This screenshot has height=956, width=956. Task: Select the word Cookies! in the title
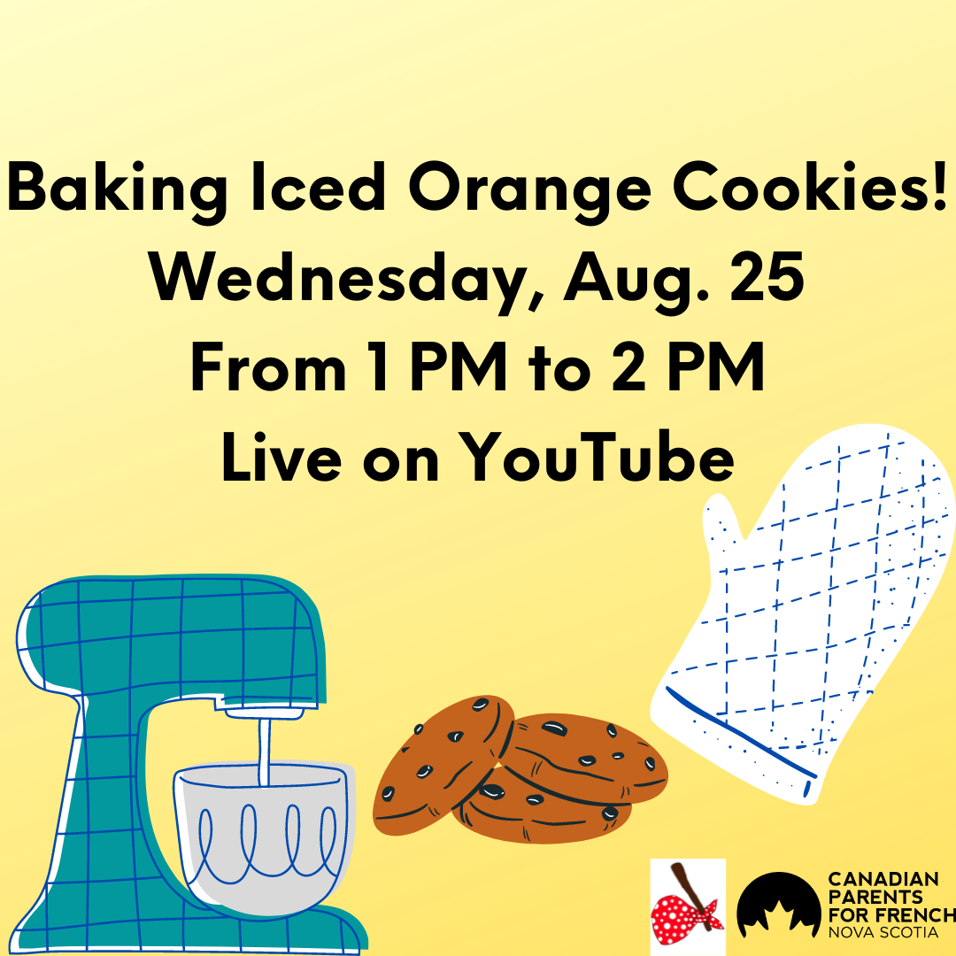tap(811, 187)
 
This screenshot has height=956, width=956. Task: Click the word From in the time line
tap(269, 366)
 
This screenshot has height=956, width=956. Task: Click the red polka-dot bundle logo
tap(688, 906)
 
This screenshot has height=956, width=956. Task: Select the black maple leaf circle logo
tap(778, 906)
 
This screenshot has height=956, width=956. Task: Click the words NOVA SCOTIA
tap(883, 932)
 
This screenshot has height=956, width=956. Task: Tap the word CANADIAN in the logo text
tap(883, 879)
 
